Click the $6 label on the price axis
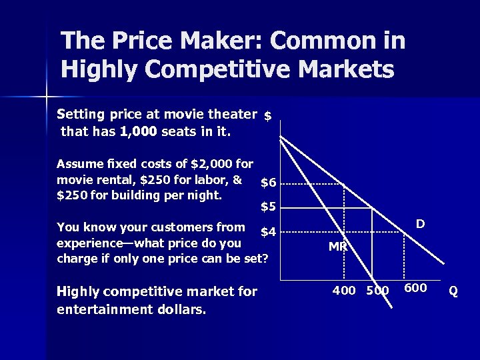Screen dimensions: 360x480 268,183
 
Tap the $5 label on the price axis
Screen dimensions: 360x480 268,207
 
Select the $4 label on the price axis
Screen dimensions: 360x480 268,233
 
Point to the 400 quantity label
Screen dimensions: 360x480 344,290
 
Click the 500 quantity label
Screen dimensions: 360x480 377,290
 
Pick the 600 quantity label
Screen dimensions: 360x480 416,288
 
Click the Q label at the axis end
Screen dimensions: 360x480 453,291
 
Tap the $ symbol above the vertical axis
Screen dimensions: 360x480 267,116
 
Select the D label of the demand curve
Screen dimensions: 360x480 421,224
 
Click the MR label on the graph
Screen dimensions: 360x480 338,247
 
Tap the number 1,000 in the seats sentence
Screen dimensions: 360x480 139,131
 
